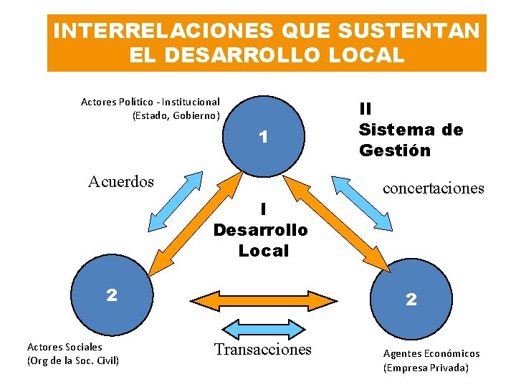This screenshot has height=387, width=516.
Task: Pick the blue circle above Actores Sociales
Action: [111, 295]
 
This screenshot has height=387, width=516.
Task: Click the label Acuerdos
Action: [121, 182]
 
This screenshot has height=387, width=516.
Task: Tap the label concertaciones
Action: [434, 188]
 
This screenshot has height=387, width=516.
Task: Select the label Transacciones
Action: [263, 349]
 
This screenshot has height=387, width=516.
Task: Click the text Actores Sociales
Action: [64, 347]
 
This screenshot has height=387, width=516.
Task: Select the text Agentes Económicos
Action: [431, 353]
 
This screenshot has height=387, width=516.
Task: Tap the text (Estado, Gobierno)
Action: [176, 115]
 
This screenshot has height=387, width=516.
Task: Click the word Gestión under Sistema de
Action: [395, 150]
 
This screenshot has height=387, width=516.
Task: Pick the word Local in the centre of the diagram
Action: [263, 251]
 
